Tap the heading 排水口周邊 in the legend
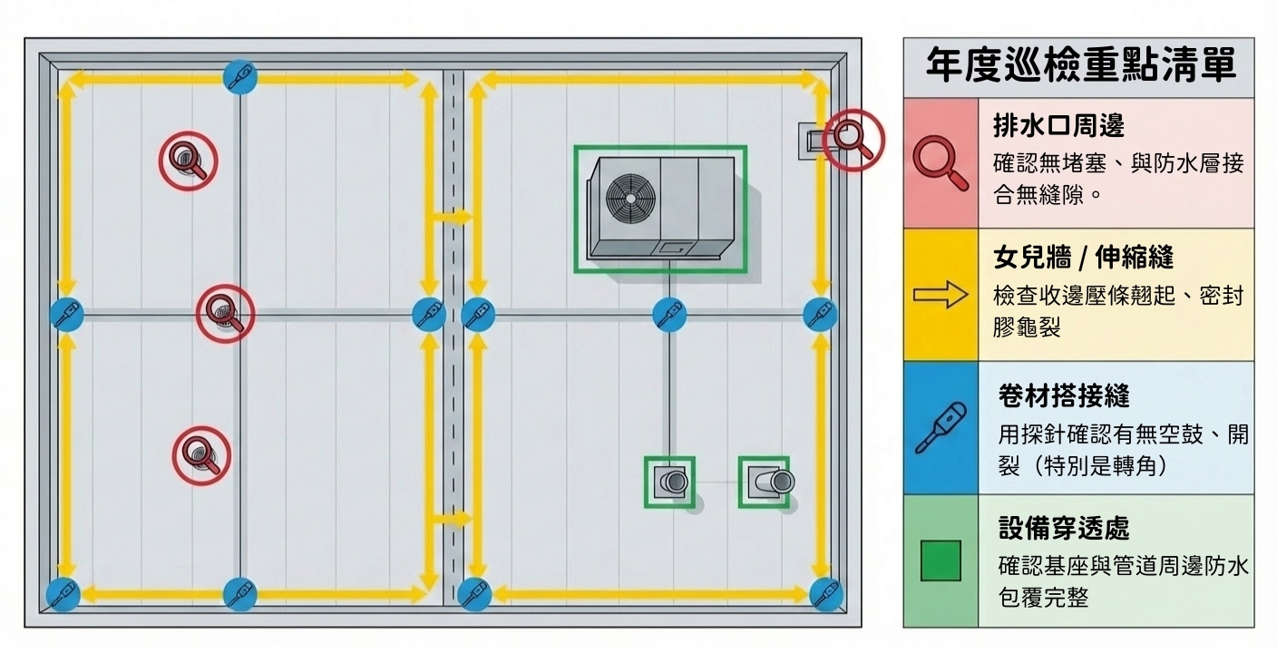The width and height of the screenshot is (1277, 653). click(1058, 126)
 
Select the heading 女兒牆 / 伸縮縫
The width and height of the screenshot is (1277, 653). click(1083, 258)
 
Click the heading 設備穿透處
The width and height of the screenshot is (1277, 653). click(1063, 527)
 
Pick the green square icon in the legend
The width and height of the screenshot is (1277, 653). click(941, 560)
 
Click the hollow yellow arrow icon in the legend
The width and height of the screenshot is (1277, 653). click(941, 296)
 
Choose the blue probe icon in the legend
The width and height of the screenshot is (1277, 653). click(941, 427)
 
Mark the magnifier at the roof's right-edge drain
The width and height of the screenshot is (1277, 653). click(853, 139)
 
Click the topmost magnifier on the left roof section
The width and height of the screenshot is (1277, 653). click(189, 161)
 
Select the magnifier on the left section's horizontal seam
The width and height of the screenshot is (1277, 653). click(225, 313)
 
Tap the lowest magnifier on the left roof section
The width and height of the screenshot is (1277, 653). click(200, 454)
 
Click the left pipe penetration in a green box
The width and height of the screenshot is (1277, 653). click(670, 482)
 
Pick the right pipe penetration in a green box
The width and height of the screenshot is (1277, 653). click(765, 482)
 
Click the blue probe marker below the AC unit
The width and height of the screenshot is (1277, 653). click(669, 315)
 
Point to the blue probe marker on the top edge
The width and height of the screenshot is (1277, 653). click(240, 76)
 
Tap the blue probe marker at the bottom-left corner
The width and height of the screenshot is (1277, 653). click(63, 594)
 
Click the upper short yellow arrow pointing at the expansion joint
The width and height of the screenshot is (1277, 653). click(451, 217)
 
